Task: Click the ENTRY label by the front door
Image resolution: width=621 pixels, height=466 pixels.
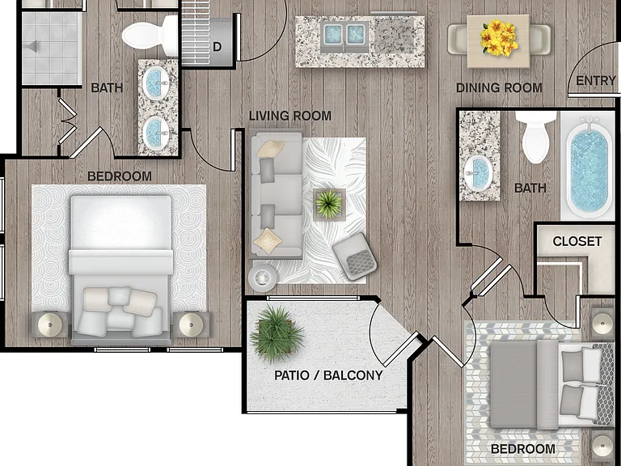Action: pos(595,81)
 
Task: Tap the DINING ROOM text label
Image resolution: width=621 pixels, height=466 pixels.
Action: pos(499,88)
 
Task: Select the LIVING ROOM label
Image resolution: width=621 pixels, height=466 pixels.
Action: pos(290,116)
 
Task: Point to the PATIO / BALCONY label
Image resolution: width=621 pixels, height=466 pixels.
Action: pos(328,375)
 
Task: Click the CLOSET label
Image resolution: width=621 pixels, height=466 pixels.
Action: pos(577,241)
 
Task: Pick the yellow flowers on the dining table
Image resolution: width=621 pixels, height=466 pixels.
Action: pos(499,38)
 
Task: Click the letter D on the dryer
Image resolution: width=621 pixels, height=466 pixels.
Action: pos(217,47)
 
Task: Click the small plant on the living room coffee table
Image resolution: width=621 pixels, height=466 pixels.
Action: pos(329,205)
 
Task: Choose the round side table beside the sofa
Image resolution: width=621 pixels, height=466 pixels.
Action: pos(262,277)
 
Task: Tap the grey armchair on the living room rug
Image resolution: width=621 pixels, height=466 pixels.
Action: pos(355,256)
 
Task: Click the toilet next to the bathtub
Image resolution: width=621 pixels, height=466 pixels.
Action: pos(536,137)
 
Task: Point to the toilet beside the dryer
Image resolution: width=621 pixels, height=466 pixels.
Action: pos(150,36)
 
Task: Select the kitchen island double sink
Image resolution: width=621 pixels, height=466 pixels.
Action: pos(344,35)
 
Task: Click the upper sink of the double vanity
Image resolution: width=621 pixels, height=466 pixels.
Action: pos(155,83)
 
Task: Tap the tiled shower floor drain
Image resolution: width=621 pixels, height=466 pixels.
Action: pos(31,47)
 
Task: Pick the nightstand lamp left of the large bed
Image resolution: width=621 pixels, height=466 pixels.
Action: pos(50,325)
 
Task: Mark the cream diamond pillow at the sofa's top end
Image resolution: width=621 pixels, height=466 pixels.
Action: pos(270,149)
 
